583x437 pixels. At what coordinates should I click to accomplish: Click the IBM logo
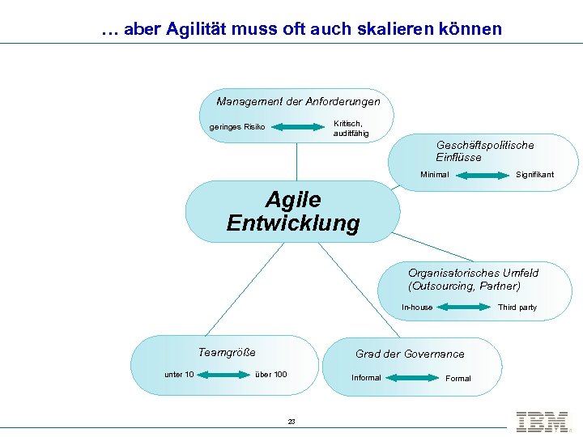542,422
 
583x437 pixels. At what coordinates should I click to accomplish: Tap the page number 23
291,422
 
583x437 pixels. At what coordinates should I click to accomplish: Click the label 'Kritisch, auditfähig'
351,128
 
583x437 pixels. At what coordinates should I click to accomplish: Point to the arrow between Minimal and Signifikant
482,175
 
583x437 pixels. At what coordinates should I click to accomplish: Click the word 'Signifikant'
535,175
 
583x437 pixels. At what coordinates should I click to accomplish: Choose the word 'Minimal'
435,175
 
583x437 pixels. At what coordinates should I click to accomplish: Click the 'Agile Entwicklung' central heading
293,211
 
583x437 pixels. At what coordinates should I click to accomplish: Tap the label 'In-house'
417,308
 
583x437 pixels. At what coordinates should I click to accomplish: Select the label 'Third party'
517,308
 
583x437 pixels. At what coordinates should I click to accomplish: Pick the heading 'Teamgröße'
227,352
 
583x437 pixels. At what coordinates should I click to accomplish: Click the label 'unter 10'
179,374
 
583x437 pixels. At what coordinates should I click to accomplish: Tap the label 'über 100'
270,374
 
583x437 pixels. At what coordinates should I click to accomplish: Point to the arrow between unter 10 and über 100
223,374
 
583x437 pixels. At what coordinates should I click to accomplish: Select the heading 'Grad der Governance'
410,354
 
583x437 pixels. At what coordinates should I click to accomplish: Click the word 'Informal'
366,378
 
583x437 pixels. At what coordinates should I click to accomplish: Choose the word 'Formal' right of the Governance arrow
457,379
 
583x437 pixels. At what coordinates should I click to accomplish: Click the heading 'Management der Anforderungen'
298,102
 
